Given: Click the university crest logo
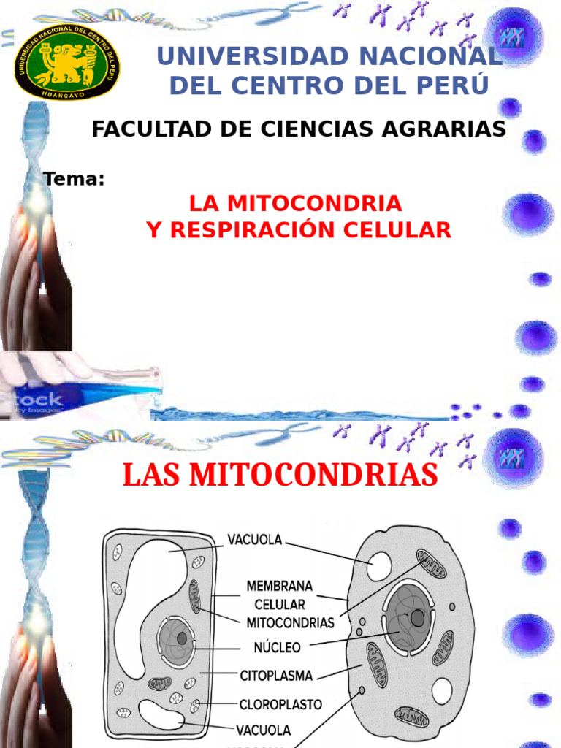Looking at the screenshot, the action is tap(67, 64).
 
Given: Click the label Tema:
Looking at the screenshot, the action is tap(74, 178).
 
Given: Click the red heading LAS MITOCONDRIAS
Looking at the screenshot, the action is tap(280, 476).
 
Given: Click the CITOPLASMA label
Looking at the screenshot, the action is tap(276, 675).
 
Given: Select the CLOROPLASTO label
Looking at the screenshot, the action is tap(281, 705).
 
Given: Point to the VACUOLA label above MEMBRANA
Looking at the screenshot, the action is tap(255, 541).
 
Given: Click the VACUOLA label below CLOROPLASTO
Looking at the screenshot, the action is tap(263, 730).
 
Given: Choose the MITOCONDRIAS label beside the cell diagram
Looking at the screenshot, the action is tap(290, 623).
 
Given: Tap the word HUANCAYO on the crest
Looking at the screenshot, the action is tap(66, 93).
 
